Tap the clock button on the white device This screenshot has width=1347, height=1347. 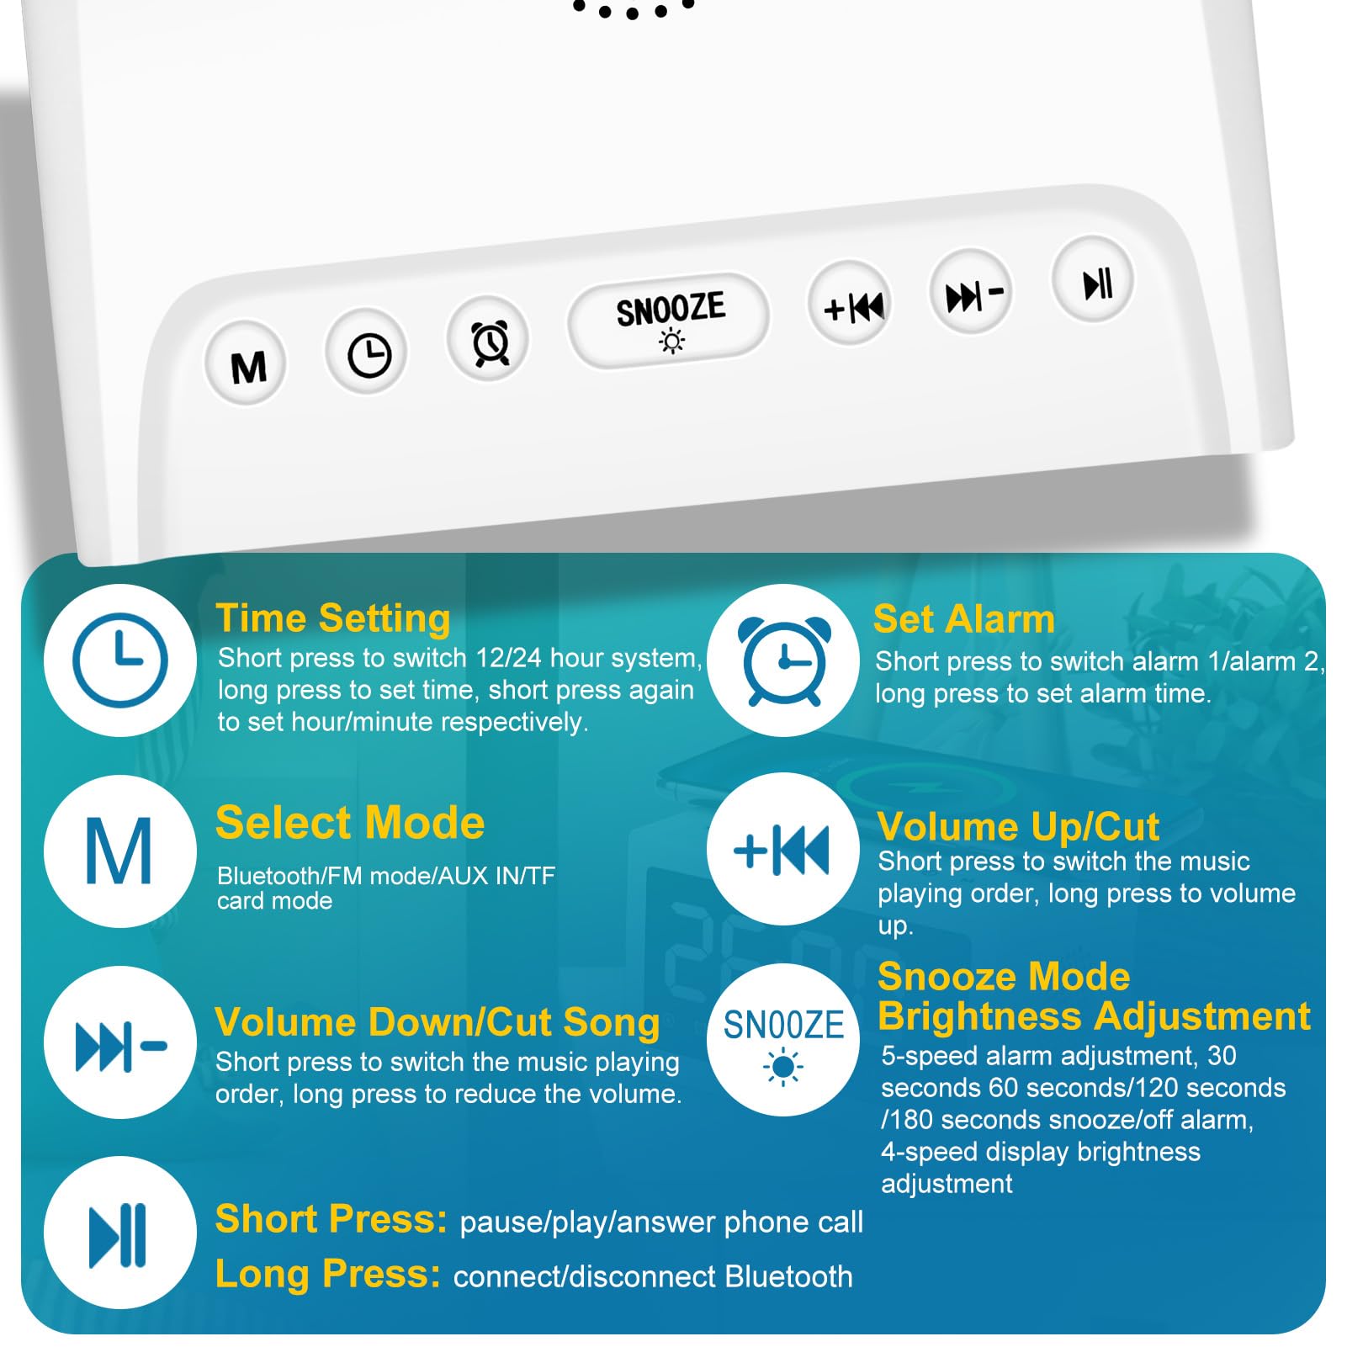(x=368, y=354)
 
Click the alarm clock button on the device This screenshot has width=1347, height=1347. (x=489, y=342)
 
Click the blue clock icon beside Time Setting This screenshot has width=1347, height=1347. (x=120, y=660)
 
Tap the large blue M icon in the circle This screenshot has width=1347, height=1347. (x=119, y=851)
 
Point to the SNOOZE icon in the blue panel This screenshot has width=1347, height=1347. (x=783, y=1040)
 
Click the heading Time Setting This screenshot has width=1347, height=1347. (x=333, y=618)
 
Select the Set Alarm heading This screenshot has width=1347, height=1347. (x=963, y=619)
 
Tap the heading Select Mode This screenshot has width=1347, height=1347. (x=350, y=823)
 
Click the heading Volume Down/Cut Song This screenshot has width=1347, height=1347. (x=438, y=1022)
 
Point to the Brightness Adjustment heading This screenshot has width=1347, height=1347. (x=1094, y=1016)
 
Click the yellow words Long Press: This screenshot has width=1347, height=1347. (x=327, y=1274)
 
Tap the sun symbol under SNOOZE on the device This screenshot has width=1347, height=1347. (x=671, y=341)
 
